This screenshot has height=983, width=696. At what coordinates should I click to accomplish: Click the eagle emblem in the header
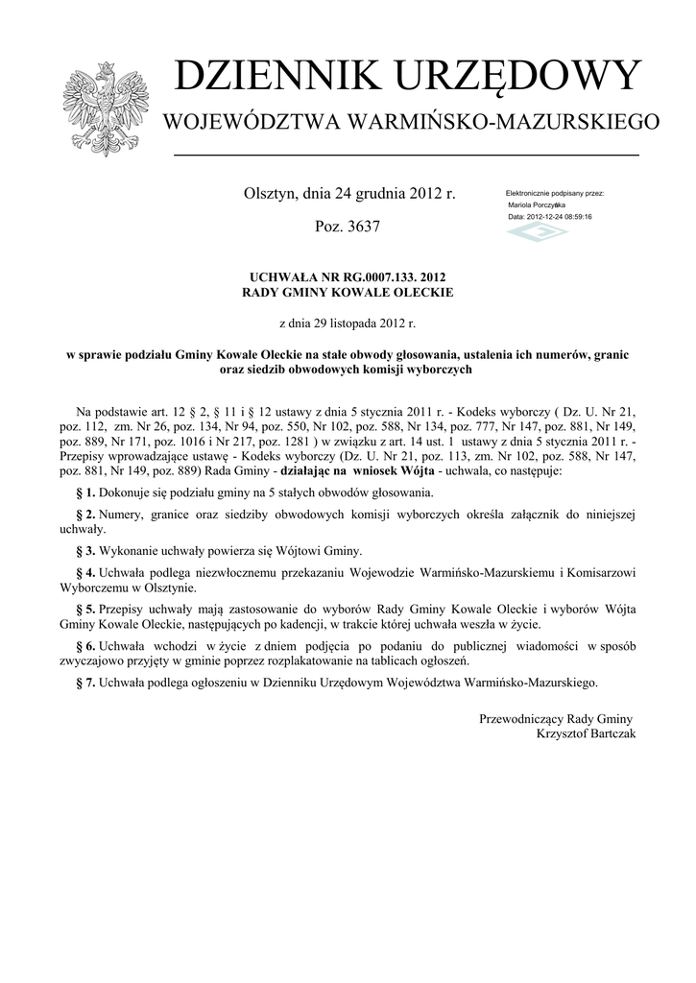point(101,108)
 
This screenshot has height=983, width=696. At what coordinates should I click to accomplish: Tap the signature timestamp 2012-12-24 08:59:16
point(560,217)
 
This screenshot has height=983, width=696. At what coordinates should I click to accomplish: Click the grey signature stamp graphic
point(537,233)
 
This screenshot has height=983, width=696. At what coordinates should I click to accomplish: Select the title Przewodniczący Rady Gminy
point(555,719)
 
